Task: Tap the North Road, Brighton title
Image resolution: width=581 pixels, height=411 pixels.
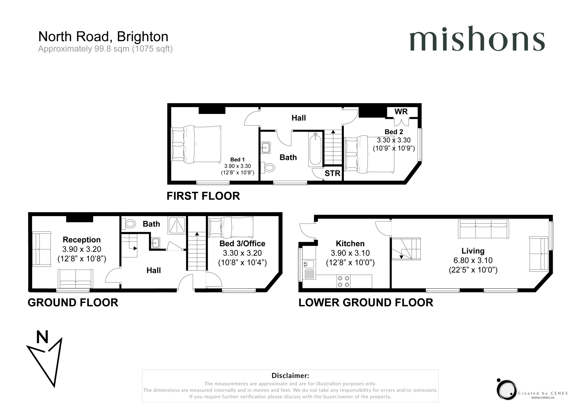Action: pos(103,37)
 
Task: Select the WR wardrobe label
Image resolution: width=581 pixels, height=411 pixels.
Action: pos(401,112)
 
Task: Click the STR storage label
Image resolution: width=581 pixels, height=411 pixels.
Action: pos(332,173)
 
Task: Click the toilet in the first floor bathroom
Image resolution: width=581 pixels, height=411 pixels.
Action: pos(268,167)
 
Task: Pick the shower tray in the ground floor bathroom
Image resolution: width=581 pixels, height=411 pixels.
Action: pos(177,225)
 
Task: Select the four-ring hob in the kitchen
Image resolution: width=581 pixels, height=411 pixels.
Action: pos(344,281)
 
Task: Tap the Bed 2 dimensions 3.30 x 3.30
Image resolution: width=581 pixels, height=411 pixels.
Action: pos(393,140)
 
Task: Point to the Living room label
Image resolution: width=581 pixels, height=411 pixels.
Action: pos(473,251)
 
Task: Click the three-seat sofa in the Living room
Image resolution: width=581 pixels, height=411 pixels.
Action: pos(483,229)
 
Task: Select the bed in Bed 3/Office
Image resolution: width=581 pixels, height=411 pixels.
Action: pos(231,227)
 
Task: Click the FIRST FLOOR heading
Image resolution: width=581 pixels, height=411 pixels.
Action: pos(203,196)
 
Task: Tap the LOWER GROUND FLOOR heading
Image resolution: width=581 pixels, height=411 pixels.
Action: pos(366,303)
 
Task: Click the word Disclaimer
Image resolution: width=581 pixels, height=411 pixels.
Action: pos(290,376)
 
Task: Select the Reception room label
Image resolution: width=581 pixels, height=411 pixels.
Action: pos(81,240)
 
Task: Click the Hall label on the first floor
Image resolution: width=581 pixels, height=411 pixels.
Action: pos(298,118)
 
